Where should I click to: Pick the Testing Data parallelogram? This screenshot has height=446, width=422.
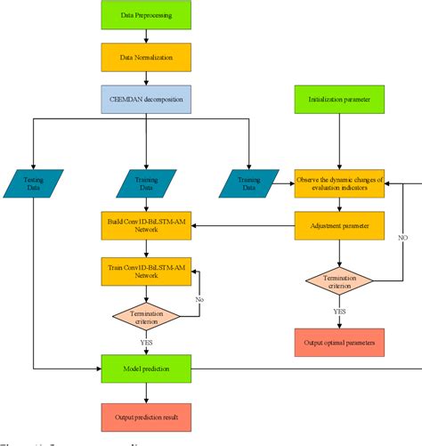(x=33, y=184)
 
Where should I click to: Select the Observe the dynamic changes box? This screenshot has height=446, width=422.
(x=339, y=184)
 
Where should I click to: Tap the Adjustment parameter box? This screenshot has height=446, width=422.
(x=339, y=226)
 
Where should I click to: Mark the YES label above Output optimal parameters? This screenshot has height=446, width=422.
(x=339, y=312)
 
